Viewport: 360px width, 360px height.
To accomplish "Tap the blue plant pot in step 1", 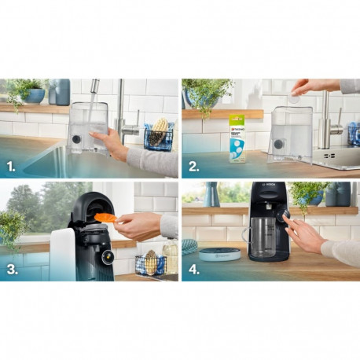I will tap(35, 95).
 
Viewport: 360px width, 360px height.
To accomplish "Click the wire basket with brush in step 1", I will tap(158, 136).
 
